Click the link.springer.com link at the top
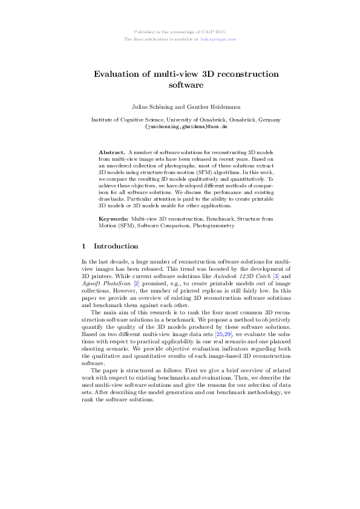(220, 39)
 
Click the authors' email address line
(186, 127)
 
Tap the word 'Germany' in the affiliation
(268, 120)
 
